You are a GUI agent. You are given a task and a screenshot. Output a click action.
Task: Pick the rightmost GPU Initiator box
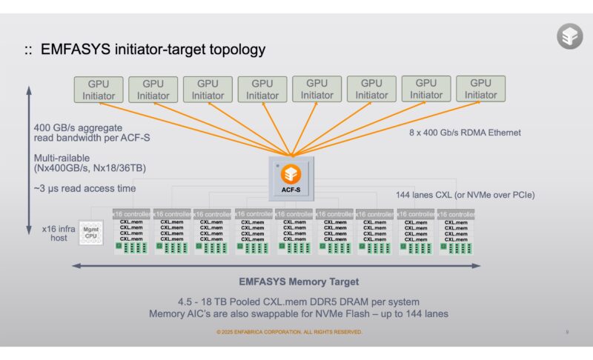(x=480, y=89)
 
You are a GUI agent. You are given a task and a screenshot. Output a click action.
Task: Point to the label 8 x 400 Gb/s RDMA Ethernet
(x=465, y=133)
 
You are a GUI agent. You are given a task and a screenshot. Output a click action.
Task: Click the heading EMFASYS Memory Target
(x=299, y=281)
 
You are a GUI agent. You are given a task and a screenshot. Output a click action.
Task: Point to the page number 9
(x=567, y=332)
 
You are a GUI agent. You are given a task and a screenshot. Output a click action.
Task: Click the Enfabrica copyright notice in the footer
(x=289, y=332)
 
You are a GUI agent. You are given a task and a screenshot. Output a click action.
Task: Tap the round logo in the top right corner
(x=569, y=36)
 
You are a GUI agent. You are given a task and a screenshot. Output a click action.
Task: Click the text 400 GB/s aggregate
(x=76, y=127)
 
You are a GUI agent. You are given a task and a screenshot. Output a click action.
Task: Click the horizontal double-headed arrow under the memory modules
(x=275, y=265)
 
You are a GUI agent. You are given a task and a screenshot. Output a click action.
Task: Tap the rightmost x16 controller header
(x=455, y=214)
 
